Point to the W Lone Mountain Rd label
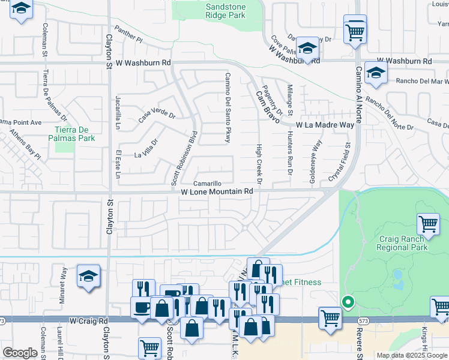pyautogui.click(x=217, y=191)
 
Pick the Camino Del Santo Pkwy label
pyautogui.click(x=228, y=108)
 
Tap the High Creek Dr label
pyautogui.click(x=259, y=164)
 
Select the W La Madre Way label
pyautogui.click(x=325, y=125)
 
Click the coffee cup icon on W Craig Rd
pyautogui.click(x=142, y=307)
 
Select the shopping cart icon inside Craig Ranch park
pyautogui.click(x=428, y=224)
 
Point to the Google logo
pyautogui.click(x=20, y=353)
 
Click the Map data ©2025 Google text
pyautogui.click(x=411, y=355)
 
